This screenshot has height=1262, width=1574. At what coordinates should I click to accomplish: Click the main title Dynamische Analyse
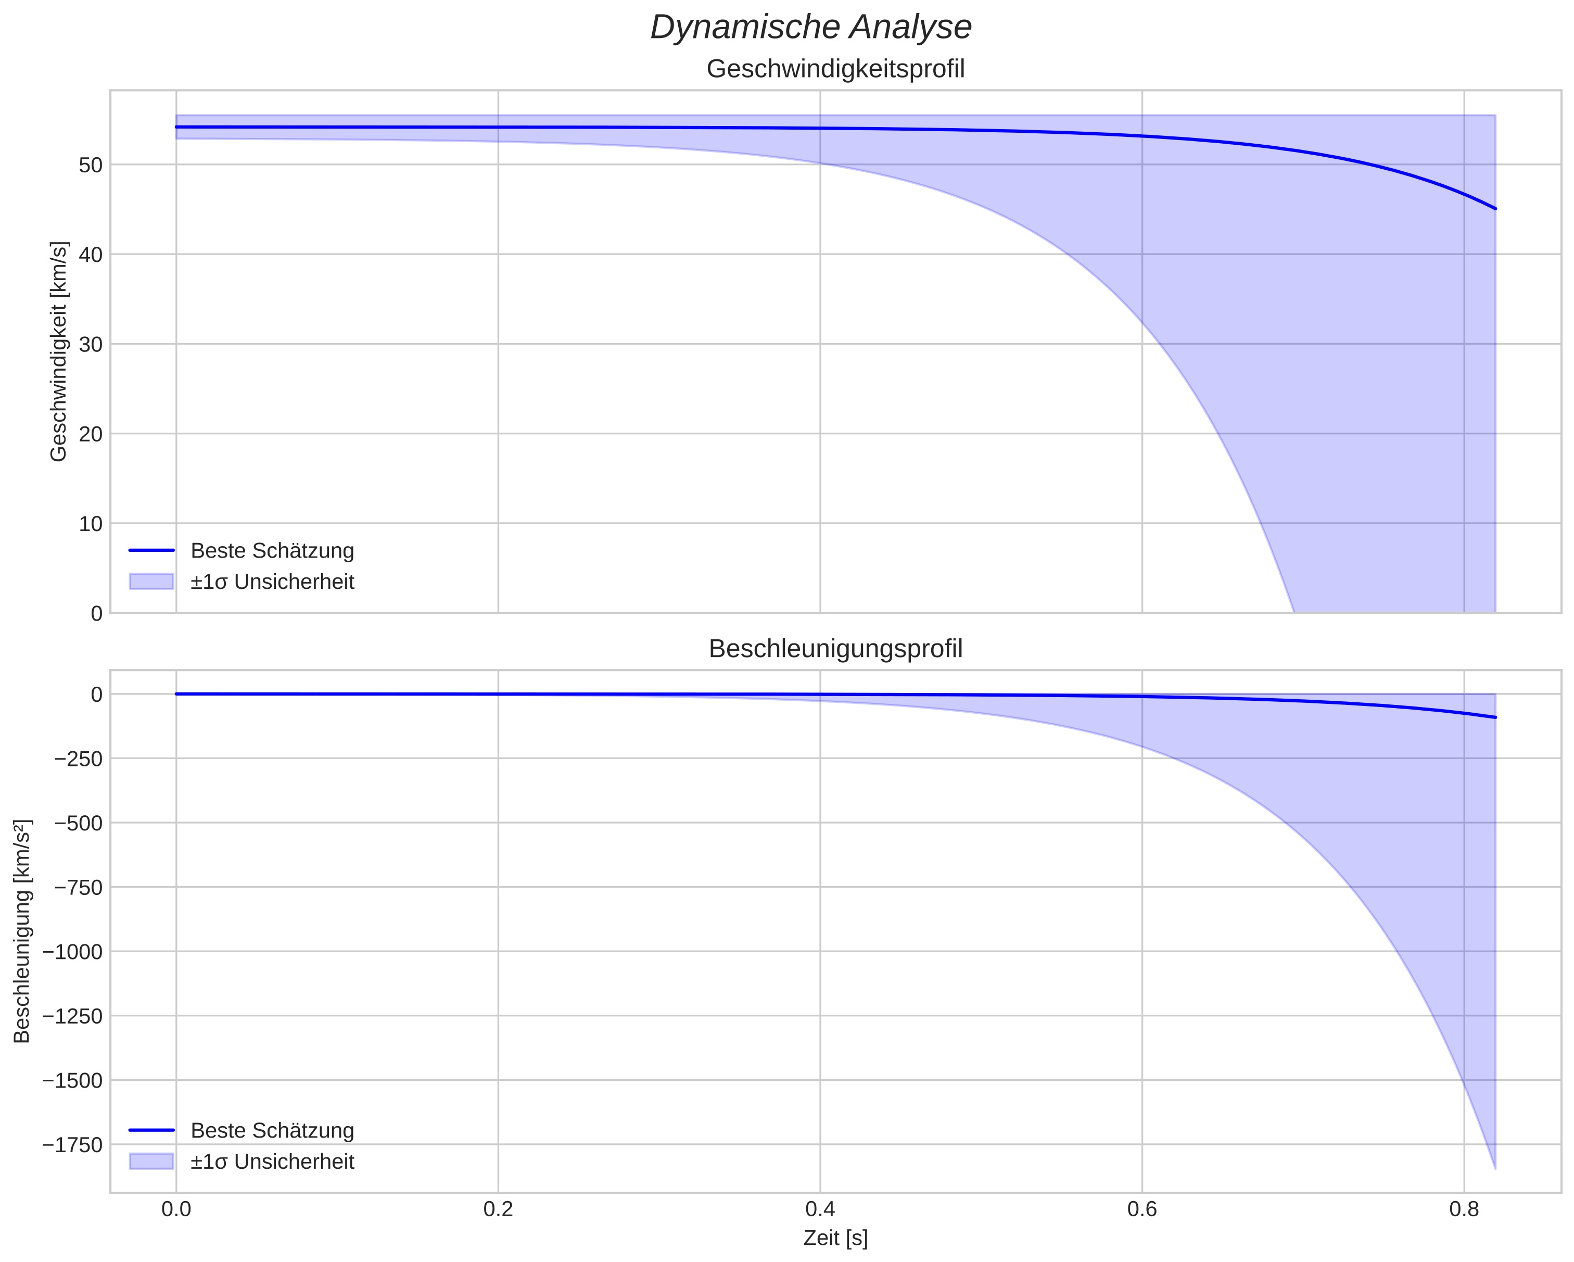coord(810,28)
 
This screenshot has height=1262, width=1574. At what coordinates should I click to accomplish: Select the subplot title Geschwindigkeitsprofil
coord(835,69)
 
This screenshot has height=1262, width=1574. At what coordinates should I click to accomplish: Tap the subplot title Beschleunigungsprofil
coord(835,649)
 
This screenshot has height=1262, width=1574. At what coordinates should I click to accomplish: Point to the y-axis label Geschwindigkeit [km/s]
coord(58,351)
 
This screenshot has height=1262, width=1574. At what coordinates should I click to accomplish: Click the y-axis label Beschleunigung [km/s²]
coord(22,931)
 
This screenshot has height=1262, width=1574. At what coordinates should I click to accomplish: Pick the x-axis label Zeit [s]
coord(835,1239)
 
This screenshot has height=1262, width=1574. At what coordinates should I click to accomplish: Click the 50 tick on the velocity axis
coord(91,165)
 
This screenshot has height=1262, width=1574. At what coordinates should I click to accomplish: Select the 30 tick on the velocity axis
coord(91,345)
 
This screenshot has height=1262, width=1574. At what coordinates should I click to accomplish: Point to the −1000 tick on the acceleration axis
coord(73,952)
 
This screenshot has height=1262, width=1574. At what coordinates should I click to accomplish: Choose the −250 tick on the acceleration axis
coord(78,759)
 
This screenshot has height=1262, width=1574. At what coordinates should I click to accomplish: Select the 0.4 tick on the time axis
coord(820,1209)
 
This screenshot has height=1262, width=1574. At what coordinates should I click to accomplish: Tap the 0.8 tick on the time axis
coord(1464,1209)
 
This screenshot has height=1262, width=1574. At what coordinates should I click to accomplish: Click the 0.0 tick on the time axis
coord(176,1209)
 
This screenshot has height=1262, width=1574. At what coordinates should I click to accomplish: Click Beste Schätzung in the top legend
coord(272,551)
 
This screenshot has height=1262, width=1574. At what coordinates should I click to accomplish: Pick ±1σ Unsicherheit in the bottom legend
coord(272,1162)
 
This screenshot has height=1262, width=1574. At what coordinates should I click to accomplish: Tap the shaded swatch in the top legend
coord(151,582)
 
